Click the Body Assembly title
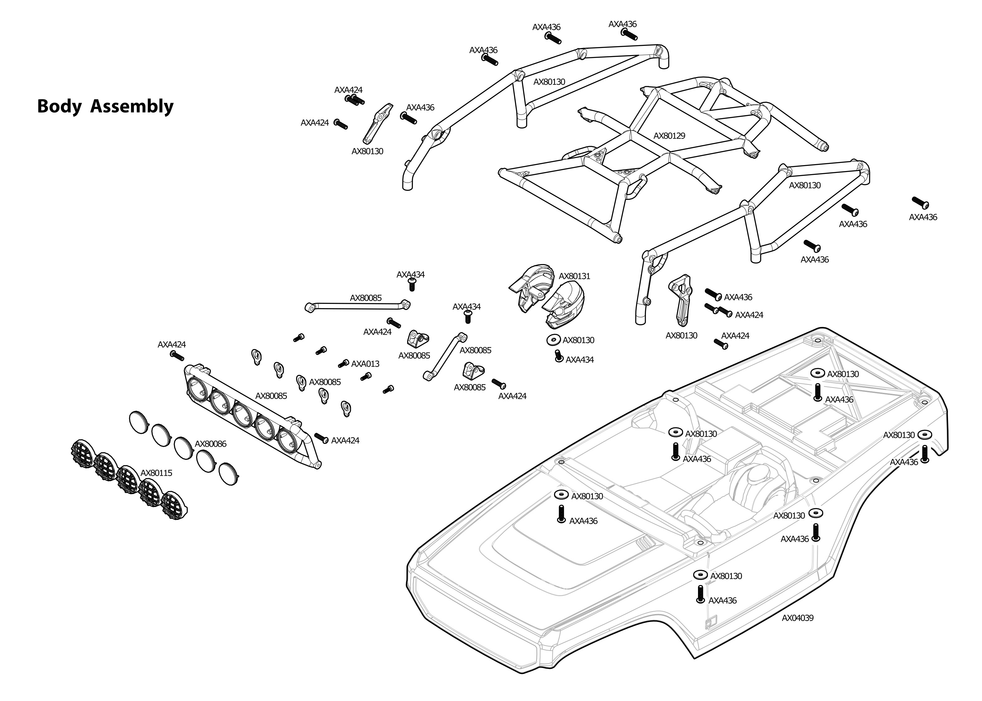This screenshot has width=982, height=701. tap(105, 106)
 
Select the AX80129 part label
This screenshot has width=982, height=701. tap(669, 136)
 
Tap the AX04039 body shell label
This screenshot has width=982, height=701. tap(797, 618)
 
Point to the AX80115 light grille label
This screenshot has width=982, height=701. tap(156, 473)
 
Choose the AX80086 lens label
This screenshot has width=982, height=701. tap(210, 444)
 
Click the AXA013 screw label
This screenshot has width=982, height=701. tap(365, 364)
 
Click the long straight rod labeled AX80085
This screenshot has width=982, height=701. tap(358, 306)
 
